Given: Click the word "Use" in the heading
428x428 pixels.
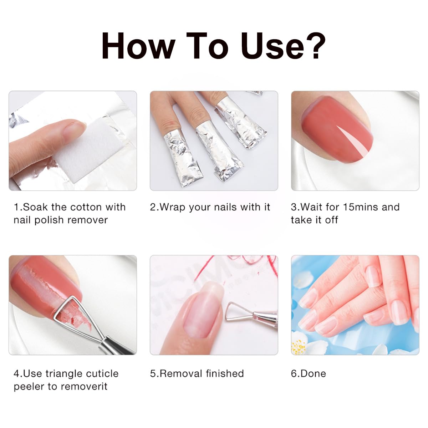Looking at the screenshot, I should coord(271,45).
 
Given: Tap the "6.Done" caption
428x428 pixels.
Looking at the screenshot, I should coord(308,374).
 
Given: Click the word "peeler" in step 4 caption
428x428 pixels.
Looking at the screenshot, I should coord(29,387).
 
